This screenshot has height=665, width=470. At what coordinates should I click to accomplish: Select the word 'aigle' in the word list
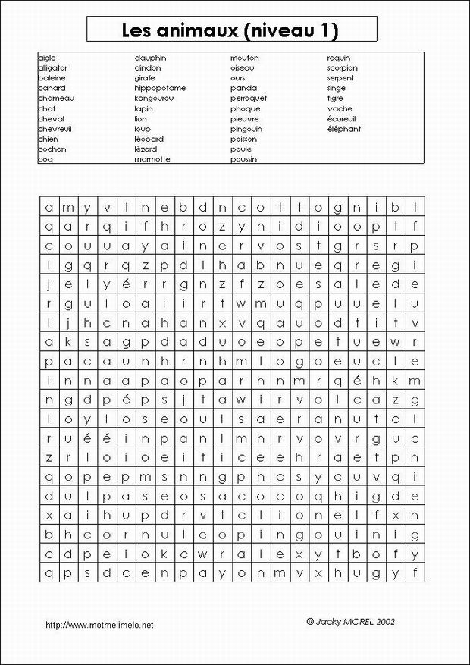[x=46, y=58]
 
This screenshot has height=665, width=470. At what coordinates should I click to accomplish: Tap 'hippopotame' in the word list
[x=159, y=88]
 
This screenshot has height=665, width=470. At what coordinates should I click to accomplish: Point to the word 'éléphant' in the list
[x=343, y=129]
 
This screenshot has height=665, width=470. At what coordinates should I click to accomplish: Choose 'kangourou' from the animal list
[x=155, y=99]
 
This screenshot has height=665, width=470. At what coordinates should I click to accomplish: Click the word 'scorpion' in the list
[x=342, y=67]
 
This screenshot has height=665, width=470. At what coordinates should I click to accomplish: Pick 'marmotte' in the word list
[x=152, y=159]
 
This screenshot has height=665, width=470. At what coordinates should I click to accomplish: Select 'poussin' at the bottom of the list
[x=243, y=159]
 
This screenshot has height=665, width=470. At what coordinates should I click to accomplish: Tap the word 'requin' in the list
[x=338, y=58]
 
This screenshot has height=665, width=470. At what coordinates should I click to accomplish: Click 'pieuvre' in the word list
[x=245, y=119]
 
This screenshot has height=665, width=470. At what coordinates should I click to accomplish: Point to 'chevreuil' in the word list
[x=55, y=129]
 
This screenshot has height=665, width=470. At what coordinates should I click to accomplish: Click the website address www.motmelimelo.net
[x=100, y=625]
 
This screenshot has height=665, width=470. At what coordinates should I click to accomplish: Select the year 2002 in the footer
[x=385, y=620]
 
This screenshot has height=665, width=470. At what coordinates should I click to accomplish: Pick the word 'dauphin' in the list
[x=150, y=58]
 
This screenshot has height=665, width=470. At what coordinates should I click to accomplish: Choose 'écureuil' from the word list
[x=343, y=119]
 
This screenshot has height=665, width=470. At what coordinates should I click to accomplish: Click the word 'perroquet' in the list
[x=248, y=99]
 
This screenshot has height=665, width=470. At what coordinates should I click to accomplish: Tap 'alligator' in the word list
[x=52, y=67]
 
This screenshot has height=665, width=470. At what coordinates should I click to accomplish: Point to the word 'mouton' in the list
[x=244, y=58]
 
